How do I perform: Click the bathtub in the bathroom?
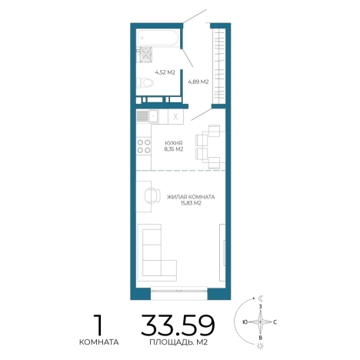(x=158, y=38)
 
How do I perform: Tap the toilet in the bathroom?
(x=145, y=82)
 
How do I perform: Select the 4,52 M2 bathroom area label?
(x=165, y=72)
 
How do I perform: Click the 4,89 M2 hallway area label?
(x=198, y=82)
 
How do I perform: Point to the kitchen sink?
(x=148, y=116)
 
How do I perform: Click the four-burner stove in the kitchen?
(x=144, y=146)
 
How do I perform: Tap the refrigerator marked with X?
(x=175, y=117)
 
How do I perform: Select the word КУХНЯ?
(x=174, y=143)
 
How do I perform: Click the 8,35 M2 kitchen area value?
(x=174, y=149)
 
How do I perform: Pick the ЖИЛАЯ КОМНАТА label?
(x=191, y=197)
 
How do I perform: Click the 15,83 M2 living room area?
(x=191, y=203)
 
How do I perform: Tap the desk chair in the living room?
(x=152, y=195)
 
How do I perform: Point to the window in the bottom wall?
(x=179, y=291)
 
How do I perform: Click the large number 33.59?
(x=178, y=325)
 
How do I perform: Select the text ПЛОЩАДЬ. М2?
(x=178, y=342)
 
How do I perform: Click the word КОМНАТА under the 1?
(x=99, y=342)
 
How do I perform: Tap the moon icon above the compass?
(x=261, y=298)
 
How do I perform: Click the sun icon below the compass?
(x=261, y=346)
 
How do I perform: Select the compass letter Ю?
(x=245, y=322)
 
